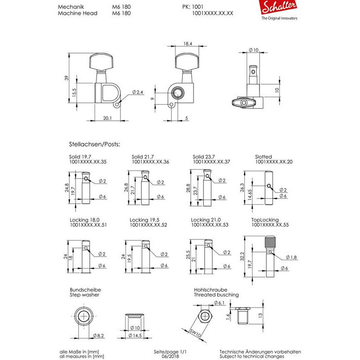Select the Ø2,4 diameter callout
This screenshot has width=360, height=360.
click(x=137, y=92)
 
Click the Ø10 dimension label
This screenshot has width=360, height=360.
click(x=253, y=49)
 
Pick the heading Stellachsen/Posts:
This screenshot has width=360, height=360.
click(x=95, y=145)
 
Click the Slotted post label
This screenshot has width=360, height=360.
click(x=263, y=157)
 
